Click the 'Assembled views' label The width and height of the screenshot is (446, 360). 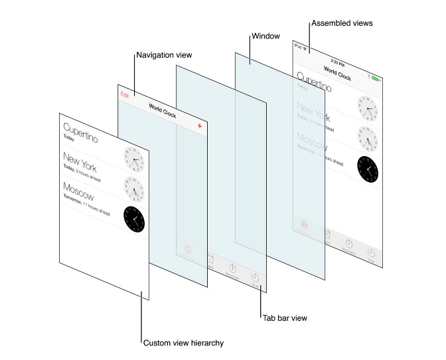click(x=342, y=23)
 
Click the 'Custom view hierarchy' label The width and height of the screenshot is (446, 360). click(x=183, y=343)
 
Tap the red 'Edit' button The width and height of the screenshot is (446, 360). click(x=125, y=95)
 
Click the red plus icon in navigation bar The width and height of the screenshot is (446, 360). click(x=199, y=126)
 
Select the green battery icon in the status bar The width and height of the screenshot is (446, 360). click(x=377, y=78)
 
